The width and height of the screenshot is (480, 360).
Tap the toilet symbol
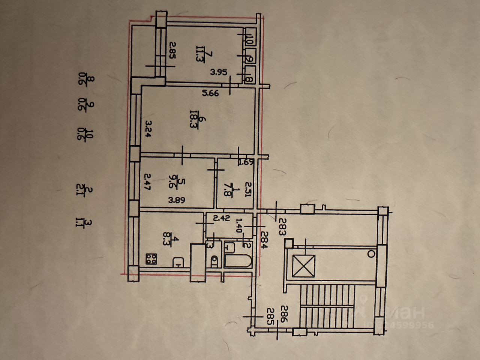(x=214, y=260)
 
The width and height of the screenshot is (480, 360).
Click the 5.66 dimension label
(x=210, y=93)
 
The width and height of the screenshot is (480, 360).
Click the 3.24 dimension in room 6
(x=148, y=129)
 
